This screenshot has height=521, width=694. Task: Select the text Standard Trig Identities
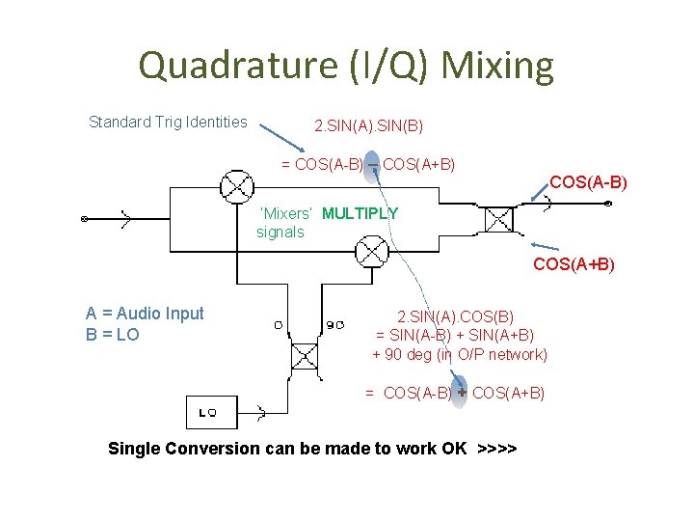pos(168,122)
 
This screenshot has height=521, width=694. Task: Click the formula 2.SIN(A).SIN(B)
pos(368,126)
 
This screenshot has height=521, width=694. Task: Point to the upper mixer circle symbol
pos(233,185)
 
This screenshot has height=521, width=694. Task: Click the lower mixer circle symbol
pos(370,252)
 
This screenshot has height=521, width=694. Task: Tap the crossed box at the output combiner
pos(498,219)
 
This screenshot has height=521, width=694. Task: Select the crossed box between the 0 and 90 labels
pos(305,355)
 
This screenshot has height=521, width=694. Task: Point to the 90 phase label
pos(335,325)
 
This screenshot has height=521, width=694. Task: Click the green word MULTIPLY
pos(360,213)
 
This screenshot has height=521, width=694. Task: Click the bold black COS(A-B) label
pos(588,181)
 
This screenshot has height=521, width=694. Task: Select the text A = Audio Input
pos(145,314)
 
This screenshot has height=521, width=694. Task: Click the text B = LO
pos(113,335)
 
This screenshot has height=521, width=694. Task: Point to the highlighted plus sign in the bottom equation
pos(462,393)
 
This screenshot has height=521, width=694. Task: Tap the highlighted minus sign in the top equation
pos(372,164)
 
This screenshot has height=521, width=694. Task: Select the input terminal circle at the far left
pos(85,219)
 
